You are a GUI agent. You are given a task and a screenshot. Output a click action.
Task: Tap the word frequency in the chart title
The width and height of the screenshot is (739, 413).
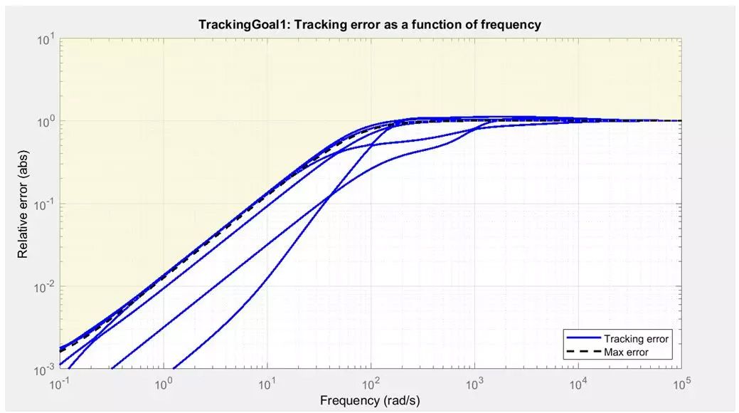(x=509, y=25)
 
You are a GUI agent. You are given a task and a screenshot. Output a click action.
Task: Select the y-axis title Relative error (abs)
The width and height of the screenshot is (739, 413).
(x=23, y=204)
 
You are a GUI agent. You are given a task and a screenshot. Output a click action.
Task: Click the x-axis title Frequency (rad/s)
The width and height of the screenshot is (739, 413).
(x=370, y=400)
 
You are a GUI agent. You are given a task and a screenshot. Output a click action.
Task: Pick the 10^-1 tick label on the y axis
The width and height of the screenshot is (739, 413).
(x=46, y=204)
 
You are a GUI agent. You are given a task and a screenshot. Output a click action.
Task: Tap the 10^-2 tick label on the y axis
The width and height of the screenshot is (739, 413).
(x=46, y=287)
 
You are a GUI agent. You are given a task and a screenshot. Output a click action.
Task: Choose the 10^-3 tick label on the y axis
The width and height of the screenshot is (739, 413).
(x=46, y=370)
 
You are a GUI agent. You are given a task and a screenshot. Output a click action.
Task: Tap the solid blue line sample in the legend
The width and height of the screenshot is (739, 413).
(x=582, y=339)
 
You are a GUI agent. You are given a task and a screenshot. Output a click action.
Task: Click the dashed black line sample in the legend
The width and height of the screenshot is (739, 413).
(x=582, y=352)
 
